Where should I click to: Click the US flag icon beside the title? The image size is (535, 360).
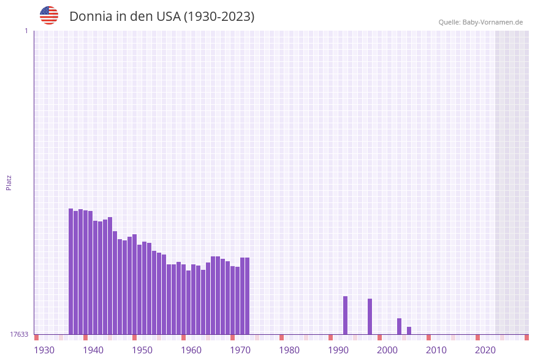tap(49, 15)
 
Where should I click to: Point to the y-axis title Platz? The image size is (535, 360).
tap(9, 182)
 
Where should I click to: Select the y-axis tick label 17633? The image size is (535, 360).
tap(18, 334)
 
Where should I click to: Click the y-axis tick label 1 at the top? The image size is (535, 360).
tap(26, 31)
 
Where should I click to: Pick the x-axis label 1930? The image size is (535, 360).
tap(44, 350)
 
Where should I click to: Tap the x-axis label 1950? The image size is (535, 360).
tap(142, 350)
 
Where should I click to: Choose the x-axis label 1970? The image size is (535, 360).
tap(240, 350)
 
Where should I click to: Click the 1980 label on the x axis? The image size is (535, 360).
tap(289, 350)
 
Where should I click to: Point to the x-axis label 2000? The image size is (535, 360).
tap(387, 350)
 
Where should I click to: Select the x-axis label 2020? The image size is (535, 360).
tap(485, 350)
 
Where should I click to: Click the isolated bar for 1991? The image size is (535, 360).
tap(345, 315)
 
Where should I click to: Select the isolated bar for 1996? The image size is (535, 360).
tap(370, 316)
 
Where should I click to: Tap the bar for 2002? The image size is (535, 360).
tap(399, 326)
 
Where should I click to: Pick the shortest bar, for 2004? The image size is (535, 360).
tap(409, 331)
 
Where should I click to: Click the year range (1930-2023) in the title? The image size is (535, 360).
tap(219, 17)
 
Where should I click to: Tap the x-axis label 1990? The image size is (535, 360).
tap(338, 350)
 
